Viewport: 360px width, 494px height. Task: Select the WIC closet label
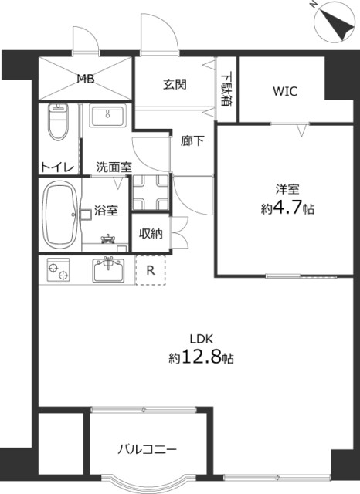(x=284, y=90)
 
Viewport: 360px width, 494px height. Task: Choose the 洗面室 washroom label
(x=114, y=167)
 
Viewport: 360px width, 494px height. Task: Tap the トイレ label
(x=57, y=167)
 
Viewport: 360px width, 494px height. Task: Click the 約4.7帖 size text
(x=287, y=208)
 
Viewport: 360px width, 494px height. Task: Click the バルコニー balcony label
(x=148, y=448)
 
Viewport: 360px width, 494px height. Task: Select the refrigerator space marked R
(x=151, y=270)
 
